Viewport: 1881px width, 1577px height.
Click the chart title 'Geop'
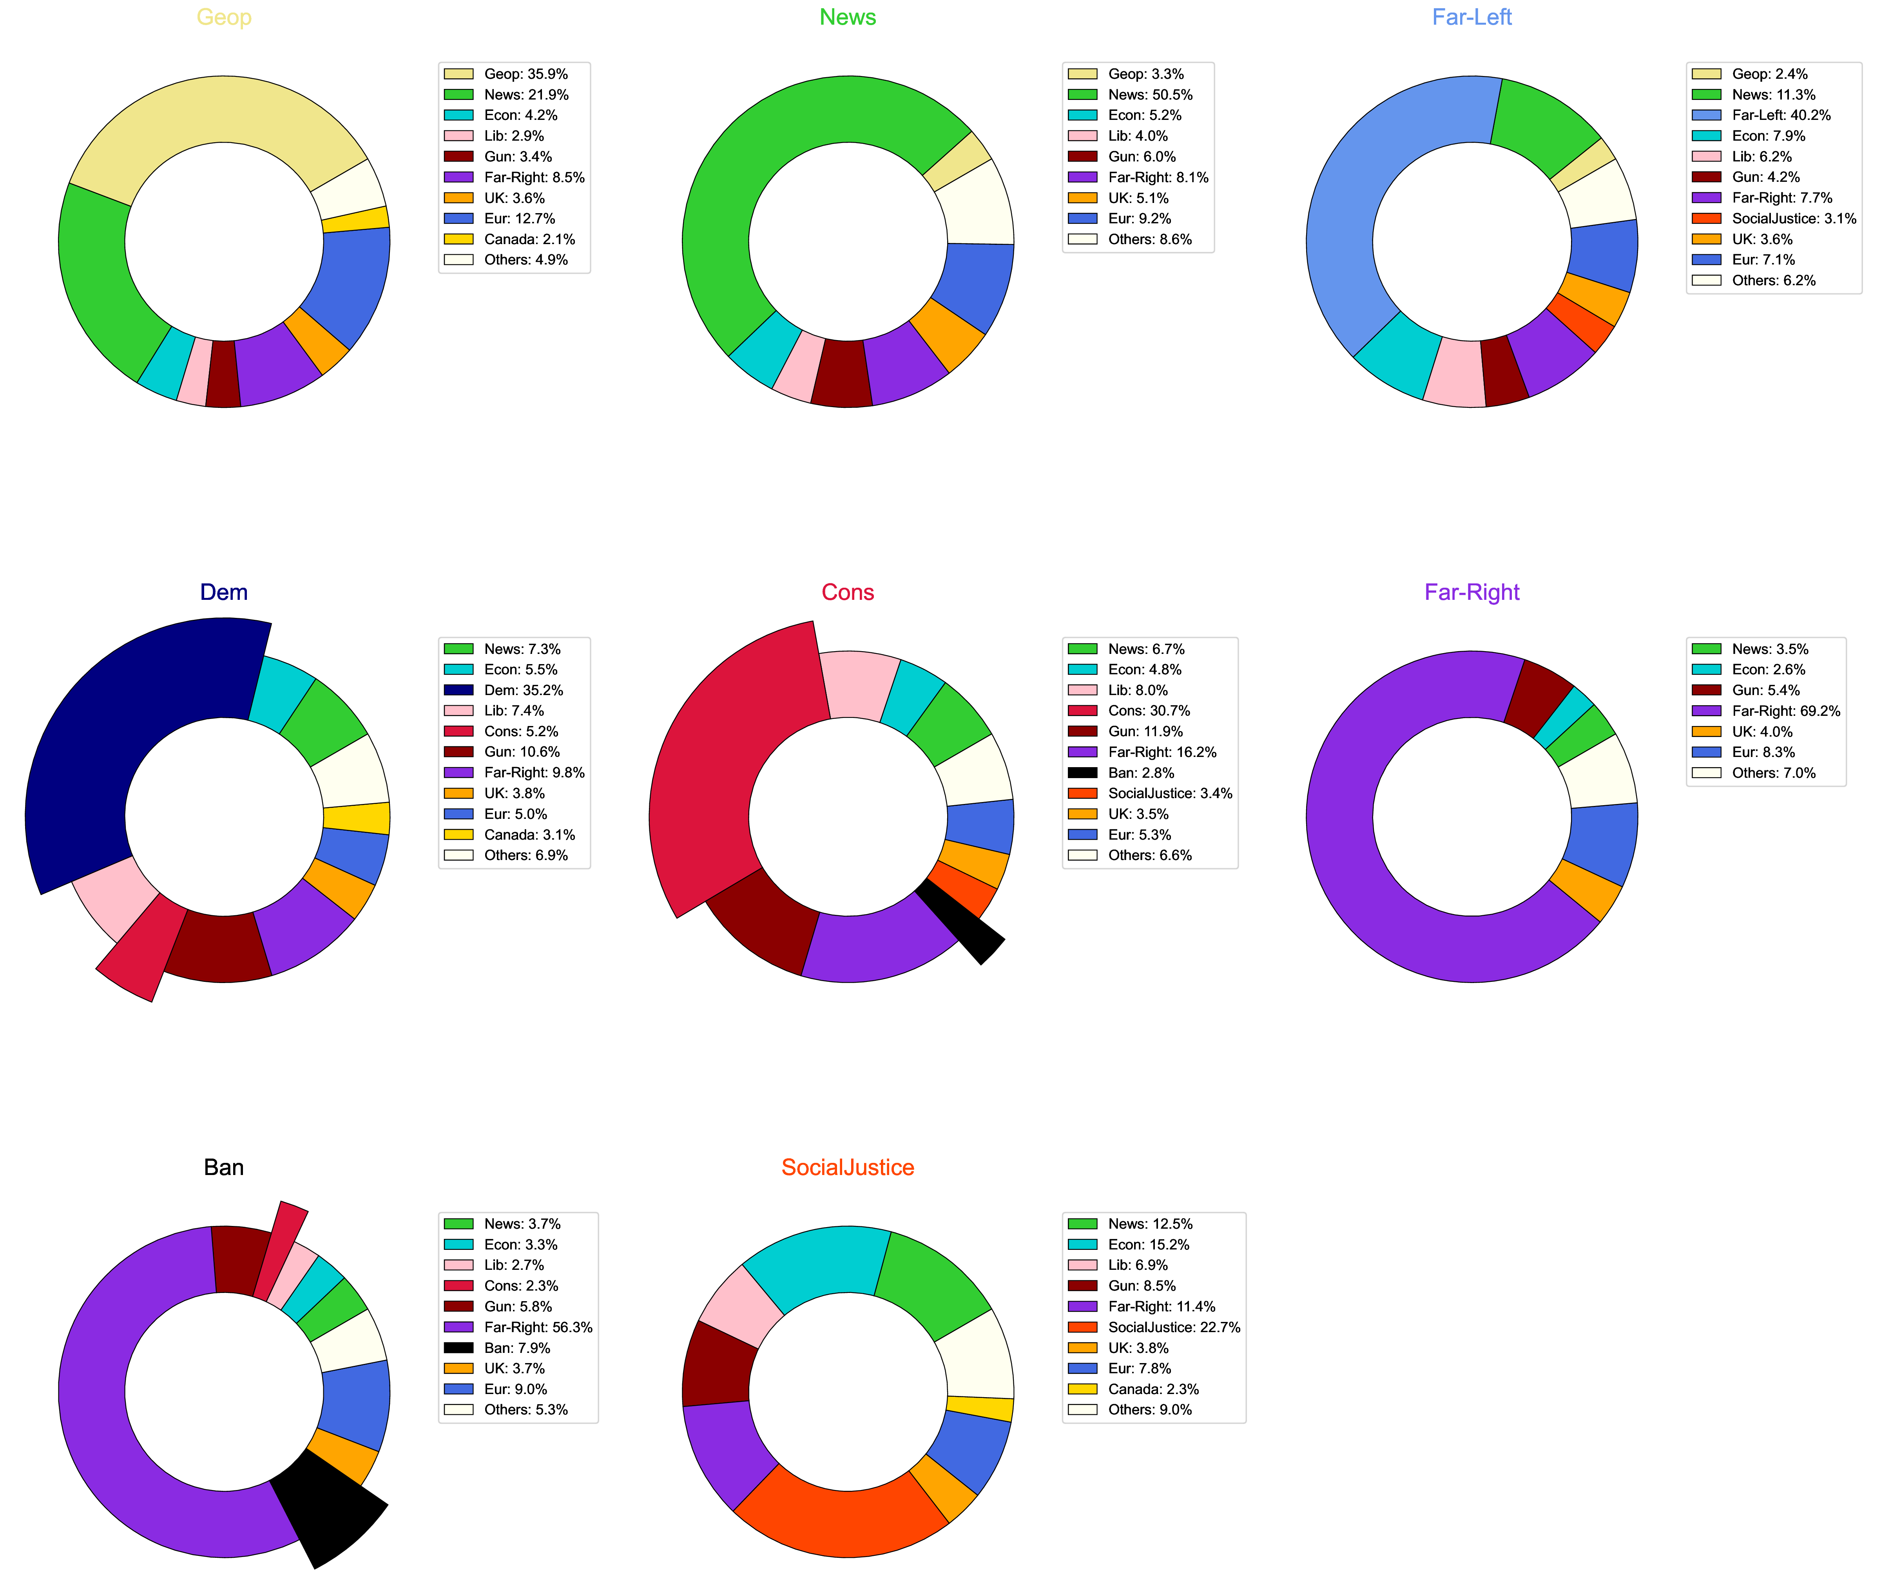224,17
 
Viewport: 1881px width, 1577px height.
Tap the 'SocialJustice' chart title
847,1167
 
